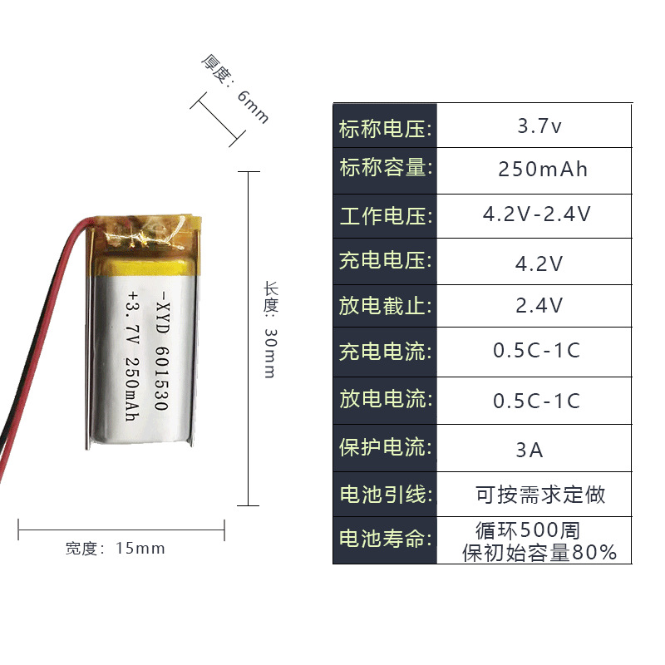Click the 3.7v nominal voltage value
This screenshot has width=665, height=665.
[x=539, y=127]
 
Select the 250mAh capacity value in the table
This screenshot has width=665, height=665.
[x=543, y=170]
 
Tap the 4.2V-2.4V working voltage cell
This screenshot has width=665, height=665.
[x=537, y=214]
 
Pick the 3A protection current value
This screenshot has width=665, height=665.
[x=529, y=451]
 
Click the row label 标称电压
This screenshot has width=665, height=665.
[x=385, y=129]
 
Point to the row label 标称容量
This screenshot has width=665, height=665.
[x=385, y=168]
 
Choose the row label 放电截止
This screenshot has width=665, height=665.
[x=385, y=306]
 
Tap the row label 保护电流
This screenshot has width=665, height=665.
[x=385, y=447]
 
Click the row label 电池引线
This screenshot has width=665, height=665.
[x=385, y=495]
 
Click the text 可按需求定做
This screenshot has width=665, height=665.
[x=540, y=495]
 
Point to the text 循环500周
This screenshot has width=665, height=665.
[x=527, y=530]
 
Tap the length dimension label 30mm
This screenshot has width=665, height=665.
[x=269, y=352]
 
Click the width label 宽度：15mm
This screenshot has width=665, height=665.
[x=116, y=549]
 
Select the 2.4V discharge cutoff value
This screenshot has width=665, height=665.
[x=539, y=306]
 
